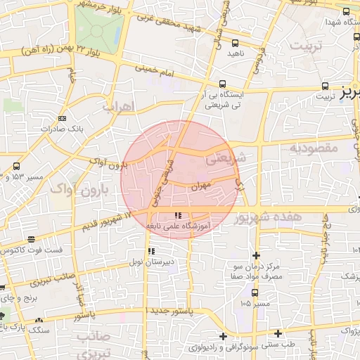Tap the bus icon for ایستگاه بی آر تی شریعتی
click(223, 82)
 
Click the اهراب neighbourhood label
click(117, 107)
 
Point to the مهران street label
click(200, 186)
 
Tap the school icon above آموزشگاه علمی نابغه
click(177, 215)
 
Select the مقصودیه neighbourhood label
click(314, 148)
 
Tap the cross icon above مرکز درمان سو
click(255, 255)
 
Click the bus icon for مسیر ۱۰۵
click(255, 293)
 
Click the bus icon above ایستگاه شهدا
click(346, 11)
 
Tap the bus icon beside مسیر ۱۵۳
click(16, 167)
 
